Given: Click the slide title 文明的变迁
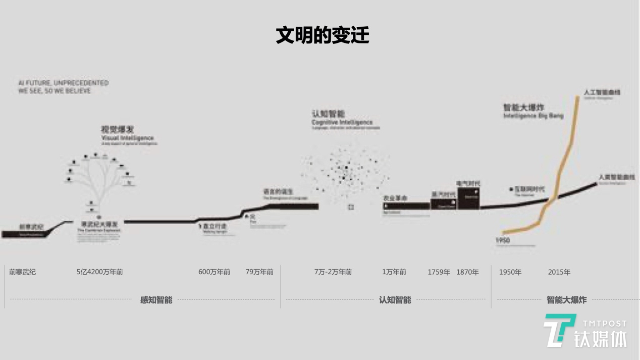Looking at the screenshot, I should pos(322,35).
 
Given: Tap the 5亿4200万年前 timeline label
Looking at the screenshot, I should pos(100,272).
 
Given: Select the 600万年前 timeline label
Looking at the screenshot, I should pos(214,272).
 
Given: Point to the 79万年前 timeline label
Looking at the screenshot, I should pos(259,272).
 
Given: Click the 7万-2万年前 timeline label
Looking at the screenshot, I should pos(333,272).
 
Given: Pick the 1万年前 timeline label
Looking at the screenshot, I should pos(394,272).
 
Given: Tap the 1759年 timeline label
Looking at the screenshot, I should pos(439,272).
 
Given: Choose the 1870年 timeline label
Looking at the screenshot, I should pos(467,272).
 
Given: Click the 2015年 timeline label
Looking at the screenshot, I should pos(559,272).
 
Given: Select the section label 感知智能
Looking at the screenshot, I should pos(156,300).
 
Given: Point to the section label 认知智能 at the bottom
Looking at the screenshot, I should pos(395,300).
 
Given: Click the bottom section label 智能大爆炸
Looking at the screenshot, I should pos(566,300).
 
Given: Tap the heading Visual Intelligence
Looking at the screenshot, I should pos(128,138).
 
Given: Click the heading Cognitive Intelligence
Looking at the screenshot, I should pos(342,122).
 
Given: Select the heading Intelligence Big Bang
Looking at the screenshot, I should pos(533,116).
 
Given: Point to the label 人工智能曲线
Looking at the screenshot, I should pos(602,92).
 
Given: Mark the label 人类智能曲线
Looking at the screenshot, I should pos(616,177).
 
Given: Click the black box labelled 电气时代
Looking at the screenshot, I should pos(468,198).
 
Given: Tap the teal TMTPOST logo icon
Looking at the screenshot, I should pos(559,330).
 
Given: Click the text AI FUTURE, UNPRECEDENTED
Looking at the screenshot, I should pos(64,83).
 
